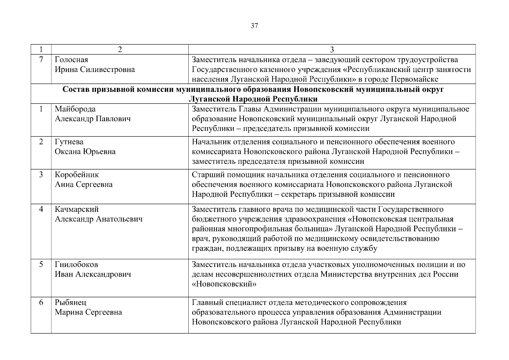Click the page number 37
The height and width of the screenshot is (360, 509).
(x=254, y=26)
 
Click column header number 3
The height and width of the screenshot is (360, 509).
(x=332, y=50)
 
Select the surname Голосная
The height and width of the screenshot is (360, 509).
(x=71, y=60)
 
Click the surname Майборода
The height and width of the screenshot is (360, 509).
(x=75, y=109)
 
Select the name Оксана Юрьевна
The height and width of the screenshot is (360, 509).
(x=85, y=151)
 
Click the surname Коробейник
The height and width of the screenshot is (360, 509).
(x=76, y=175)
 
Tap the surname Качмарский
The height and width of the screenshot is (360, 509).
(x=76, y=209)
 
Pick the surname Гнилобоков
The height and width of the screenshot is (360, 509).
(x=76, y=265)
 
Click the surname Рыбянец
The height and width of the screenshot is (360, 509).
(x=70, y=302)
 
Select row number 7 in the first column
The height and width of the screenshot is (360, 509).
(x=41, y=60)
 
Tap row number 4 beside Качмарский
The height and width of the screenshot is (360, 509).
(x=41, y=209)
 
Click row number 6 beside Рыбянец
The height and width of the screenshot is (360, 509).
(x=41, y=302)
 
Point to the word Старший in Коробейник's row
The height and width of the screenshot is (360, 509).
(x=206, y=175)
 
